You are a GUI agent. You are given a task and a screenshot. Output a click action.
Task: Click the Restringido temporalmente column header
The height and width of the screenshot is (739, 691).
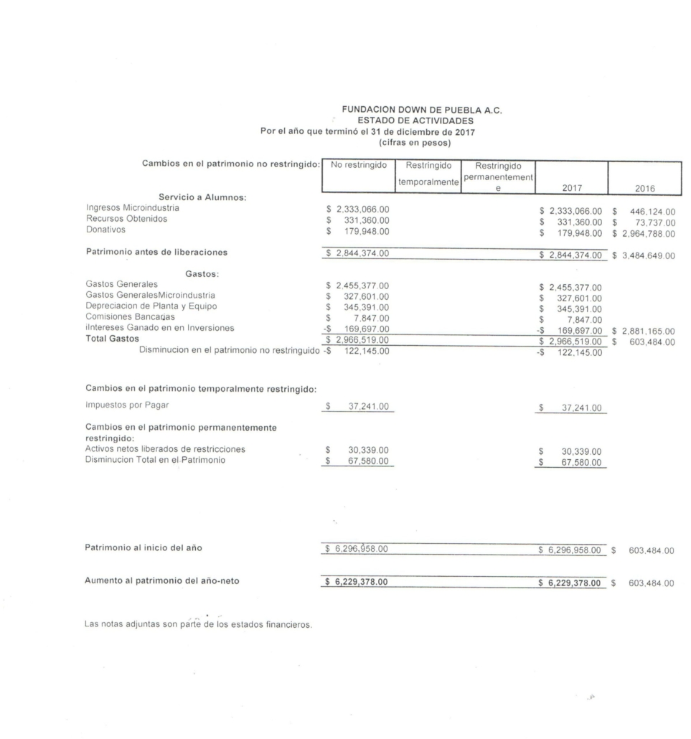427,174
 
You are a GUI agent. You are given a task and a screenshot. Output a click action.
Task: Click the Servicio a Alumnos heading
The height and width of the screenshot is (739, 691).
197,198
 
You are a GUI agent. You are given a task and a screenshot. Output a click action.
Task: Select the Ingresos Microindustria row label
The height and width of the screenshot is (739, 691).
133,208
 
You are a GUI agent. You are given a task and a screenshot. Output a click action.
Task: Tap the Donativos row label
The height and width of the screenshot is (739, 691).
105,230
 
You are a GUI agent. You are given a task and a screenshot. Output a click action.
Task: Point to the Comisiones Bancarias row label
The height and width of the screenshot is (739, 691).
130,316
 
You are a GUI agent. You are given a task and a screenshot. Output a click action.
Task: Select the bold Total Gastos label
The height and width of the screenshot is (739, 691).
112,338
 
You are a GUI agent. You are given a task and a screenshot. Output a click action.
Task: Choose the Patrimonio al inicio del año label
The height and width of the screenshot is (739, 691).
144,548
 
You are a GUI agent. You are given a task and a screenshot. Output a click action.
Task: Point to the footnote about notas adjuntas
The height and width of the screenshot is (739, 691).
199,624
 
